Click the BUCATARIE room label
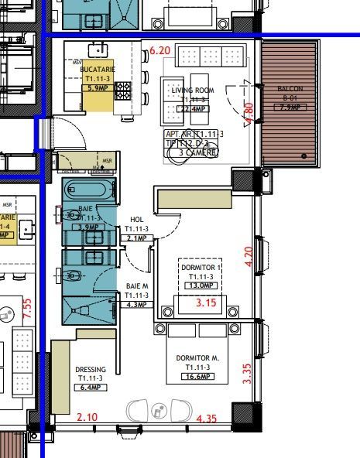coord(98,70)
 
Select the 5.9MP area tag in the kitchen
coord(98,87)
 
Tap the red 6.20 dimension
coord(159,51)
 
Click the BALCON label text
coord(290,89)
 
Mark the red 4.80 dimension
coord(249,113)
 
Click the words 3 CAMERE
coord(197,152)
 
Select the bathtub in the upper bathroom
coord(88,190)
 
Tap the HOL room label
coord(137,220)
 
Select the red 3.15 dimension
coord(205,302)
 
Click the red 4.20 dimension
coord(249,256)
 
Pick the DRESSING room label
coord(91,369)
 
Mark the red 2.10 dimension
coord(87,418)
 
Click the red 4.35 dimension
coord(207,419)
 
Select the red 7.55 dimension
coord(26,309)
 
